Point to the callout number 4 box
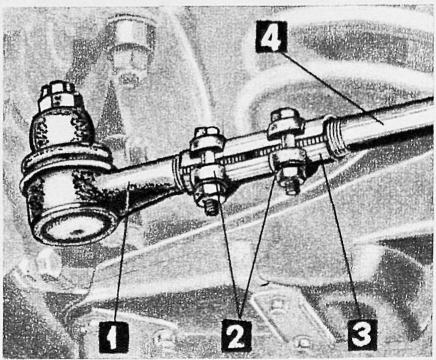click(271, 36)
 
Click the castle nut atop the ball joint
click(57, 96)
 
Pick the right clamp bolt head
click(285, 123)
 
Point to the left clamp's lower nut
click(210, 189)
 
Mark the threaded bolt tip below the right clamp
click(293, 187)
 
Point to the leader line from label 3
click(341, 237)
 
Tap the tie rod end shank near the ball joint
click(142, 181)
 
